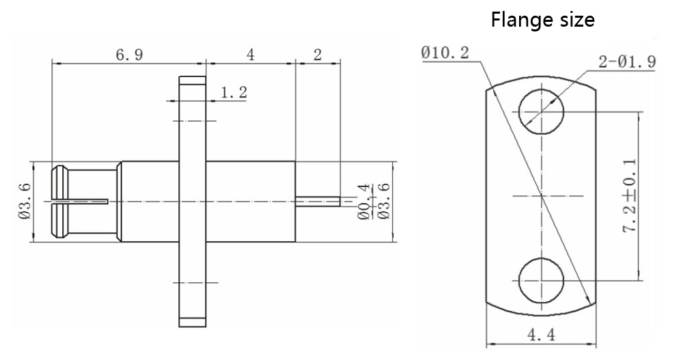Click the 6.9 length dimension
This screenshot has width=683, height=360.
[128, 55]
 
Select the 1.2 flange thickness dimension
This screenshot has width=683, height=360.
[234, 93]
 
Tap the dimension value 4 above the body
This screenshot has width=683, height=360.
[250, 55]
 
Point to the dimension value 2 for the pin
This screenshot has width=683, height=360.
[317, 55]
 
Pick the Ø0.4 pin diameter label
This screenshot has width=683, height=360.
[363, 202]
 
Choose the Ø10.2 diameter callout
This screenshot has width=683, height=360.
[445, 53]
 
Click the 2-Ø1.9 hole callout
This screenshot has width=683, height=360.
[627, 61]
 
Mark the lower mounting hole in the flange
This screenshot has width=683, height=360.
[541, 280]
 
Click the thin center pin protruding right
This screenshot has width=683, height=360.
[318, 201]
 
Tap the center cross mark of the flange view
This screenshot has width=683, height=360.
[541, 197]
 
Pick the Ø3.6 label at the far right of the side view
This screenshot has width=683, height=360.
[384, 202]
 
